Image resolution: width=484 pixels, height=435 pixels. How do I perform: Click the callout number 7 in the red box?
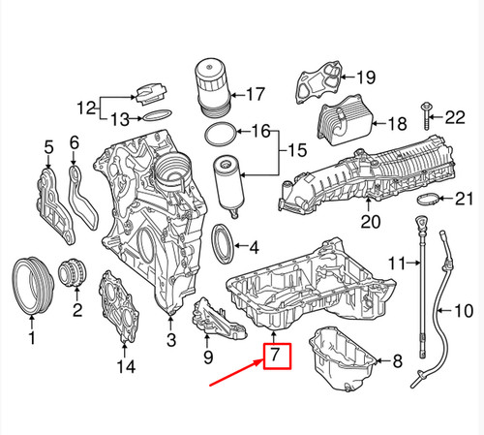(x=276, y=357)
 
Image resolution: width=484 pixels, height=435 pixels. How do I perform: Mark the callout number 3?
(x=171, y=339)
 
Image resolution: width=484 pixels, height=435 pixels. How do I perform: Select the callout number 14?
(x=122, y=366)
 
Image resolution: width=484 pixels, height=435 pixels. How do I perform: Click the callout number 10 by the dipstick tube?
(x=464, y=311)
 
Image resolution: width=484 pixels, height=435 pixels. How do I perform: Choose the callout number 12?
(x=85, y=107)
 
